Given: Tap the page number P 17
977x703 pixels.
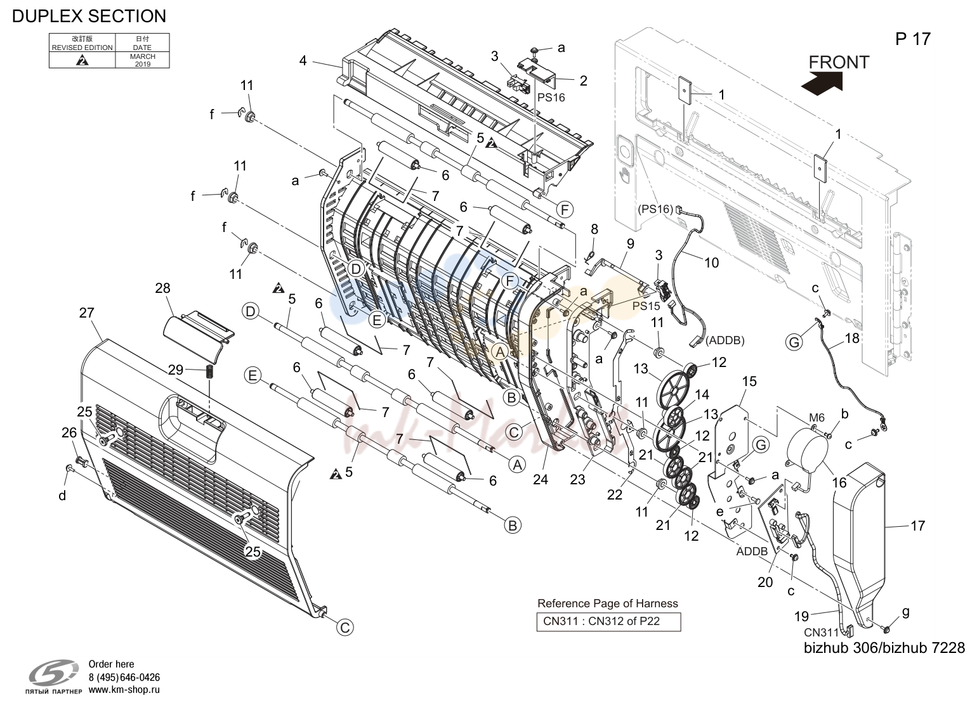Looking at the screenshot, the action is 913,39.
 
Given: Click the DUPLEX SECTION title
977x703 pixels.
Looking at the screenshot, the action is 89,16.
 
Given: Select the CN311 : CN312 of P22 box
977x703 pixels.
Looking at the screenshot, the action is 608,621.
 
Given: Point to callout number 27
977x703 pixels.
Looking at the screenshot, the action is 87,313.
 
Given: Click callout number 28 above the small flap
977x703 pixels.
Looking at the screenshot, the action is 162,288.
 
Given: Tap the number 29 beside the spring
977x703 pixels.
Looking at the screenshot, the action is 176,370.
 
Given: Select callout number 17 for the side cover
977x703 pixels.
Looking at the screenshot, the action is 917,526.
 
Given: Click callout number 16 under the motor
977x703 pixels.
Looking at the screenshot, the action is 839,482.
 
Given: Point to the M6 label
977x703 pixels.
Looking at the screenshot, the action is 817,418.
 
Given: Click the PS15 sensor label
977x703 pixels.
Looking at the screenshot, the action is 646,306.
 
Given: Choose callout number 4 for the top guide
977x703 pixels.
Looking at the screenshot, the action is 303,61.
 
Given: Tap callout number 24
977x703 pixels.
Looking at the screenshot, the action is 541,479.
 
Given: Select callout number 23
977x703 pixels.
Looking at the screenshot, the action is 577,479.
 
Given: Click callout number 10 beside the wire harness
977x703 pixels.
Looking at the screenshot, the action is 711,262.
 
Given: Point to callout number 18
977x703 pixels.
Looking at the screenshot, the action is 852,339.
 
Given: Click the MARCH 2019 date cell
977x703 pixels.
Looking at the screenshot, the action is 142,60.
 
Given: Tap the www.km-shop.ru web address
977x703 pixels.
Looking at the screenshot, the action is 124,690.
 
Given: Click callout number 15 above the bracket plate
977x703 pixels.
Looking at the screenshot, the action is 749,382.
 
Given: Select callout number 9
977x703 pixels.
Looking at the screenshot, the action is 630,243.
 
